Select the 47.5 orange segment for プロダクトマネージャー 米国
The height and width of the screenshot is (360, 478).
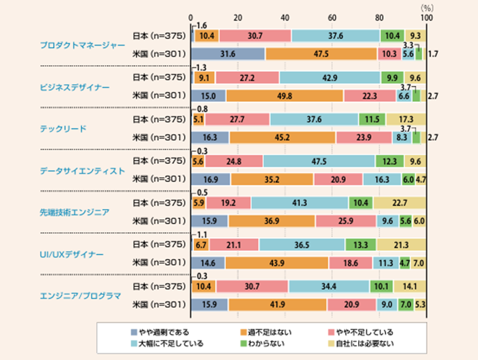point(321,54)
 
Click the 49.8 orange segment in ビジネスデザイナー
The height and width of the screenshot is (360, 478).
point(285,96)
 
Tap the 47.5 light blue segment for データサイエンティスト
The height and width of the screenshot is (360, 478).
point(318,161)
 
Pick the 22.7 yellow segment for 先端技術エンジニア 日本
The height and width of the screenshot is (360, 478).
point(399,203)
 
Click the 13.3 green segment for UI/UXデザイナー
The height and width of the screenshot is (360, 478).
point(360,244)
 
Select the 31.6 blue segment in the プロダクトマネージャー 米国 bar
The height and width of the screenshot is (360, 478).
point(228,54)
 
